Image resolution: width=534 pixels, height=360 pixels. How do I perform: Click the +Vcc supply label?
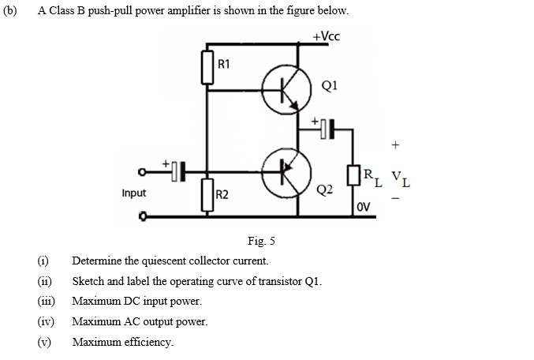click(x=326, y=36)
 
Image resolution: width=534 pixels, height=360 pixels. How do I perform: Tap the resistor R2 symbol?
click(x=208, y=194)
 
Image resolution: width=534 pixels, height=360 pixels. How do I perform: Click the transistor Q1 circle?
click(x=282, y=88)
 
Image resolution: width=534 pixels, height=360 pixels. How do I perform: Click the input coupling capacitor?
click(x=177, y=170)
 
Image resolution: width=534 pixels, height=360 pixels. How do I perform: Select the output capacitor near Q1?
click(x=327, y=127)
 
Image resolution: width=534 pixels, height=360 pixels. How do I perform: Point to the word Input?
click(x=135, y=192)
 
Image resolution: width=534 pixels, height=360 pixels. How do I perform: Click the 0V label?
click(x=364, y=207)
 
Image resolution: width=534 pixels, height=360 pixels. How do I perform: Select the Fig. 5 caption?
click(x=260, y=241)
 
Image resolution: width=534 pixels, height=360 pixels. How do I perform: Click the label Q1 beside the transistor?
click(x=330, y=87)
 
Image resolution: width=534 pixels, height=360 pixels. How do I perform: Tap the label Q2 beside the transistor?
click(x=324, y=190)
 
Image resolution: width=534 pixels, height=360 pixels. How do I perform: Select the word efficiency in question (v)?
click(x=148, y=342)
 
